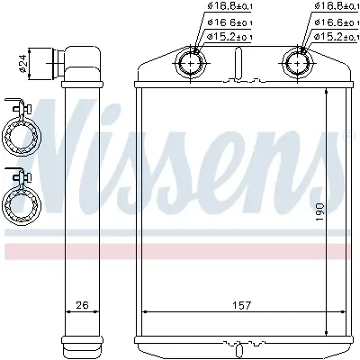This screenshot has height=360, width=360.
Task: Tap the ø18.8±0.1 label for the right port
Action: pos(337,8)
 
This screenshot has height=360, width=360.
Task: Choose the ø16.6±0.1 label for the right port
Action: pos(337,22)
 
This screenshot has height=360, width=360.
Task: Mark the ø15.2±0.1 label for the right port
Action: pos(337,36)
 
